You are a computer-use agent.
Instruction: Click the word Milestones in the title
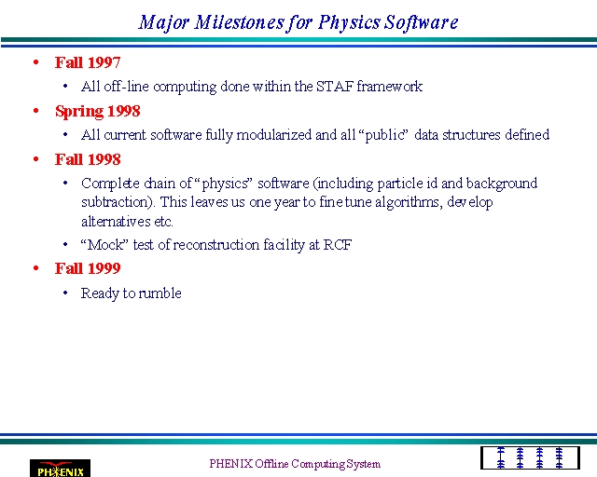(239, 22)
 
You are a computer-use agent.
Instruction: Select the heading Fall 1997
(88, 62)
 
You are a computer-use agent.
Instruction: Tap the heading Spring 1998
(98, 112)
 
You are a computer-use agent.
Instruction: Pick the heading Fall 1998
(88, 159)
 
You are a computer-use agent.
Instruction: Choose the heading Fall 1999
(88, 268)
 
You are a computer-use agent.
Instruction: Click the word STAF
(335, 87)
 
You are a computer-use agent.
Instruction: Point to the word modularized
(274, 135)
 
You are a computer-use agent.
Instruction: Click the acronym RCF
(338, 245)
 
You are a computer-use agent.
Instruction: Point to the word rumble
(160, 293)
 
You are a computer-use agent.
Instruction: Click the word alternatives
(116, 221)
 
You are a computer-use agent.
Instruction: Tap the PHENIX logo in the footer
(60, 469)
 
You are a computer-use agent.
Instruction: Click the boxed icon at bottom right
(530, 457)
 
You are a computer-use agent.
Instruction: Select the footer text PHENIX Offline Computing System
(295, 464)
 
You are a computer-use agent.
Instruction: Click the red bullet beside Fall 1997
(36, 62)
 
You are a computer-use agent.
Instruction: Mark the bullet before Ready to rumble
(65, 293)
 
